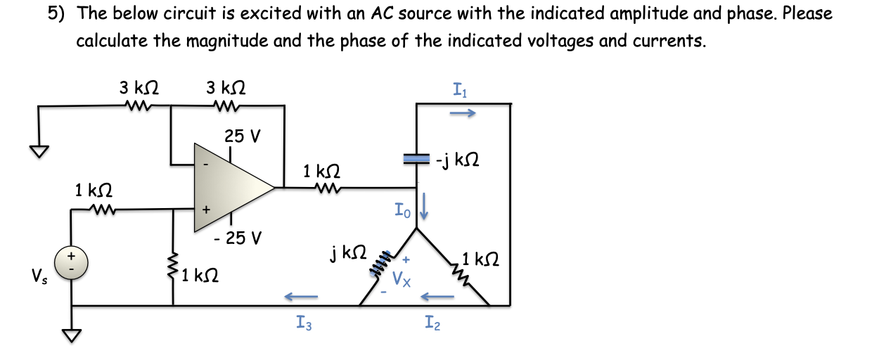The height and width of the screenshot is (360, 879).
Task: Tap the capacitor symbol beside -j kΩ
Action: [x=418, y=160]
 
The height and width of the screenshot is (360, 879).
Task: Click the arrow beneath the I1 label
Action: [x=462, y=112]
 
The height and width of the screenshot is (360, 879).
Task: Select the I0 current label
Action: [x=402, y=209]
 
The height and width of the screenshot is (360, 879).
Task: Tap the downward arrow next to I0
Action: [x=424, y=210]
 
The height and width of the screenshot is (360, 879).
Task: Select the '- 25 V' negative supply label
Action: [x=237, y=238]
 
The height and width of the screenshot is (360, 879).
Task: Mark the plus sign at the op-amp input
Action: [x=206, y=210]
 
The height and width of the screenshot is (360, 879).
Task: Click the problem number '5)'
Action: [x=58, y=13]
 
